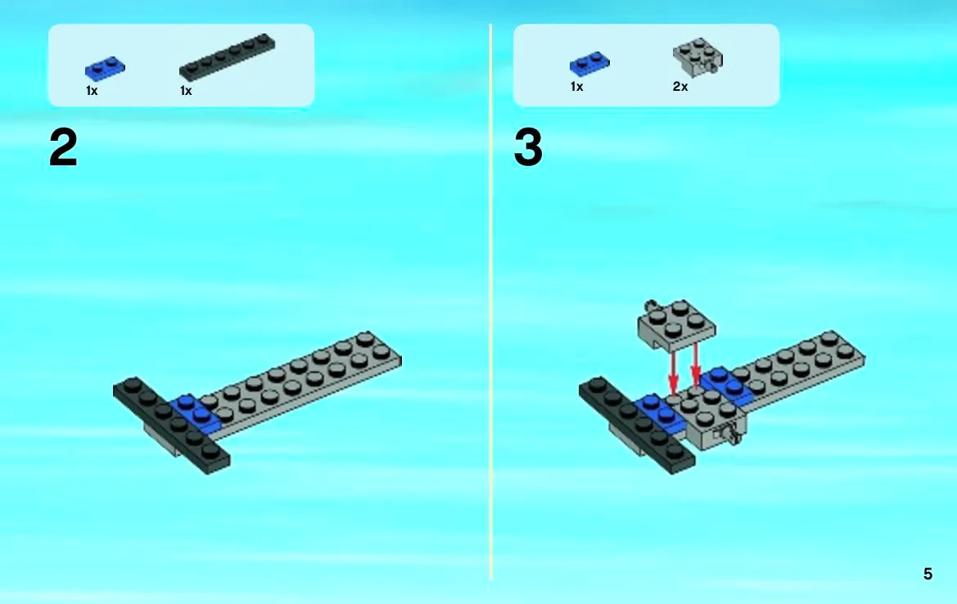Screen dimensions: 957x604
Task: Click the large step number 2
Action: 64,147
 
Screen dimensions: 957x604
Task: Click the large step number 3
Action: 528,147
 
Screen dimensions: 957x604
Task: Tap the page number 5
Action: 928,574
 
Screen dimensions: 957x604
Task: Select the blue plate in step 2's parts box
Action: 105,67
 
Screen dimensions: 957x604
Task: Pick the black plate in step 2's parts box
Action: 227,56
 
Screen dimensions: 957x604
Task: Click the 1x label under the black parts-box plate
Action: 186,91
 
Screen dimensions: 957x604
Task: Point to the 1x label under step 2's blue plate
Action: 92,91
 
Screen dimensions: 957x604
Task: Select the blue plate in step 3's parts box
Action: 589,64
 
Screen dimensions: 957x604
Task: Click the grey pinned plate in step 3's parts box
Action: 698,57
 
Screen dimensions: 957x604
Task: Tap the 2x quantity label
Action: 680,87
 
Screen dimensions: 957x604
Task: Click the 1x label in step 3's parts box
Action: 576,87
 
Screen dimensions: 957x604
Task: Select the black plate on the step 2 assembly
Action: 171,426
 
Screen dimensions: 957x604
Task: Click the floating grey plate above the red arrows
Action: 676,323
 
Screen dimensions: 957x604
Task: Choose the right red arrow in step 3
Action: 695,365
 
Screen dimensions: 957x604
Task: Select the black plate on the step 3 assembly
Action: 637,426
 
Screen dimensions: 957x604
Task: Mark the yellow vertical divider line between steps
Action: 490,302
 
